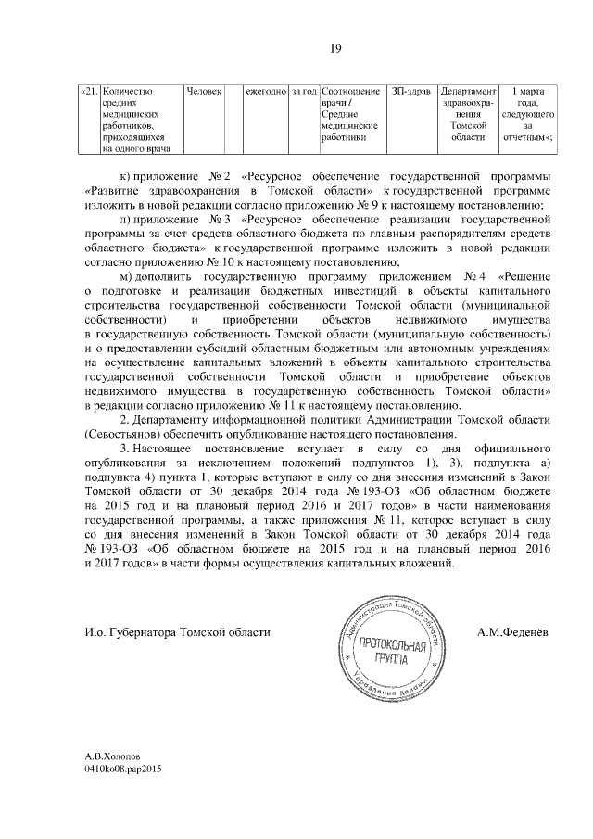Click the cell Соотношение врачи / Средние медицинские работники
coord(351,113)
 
